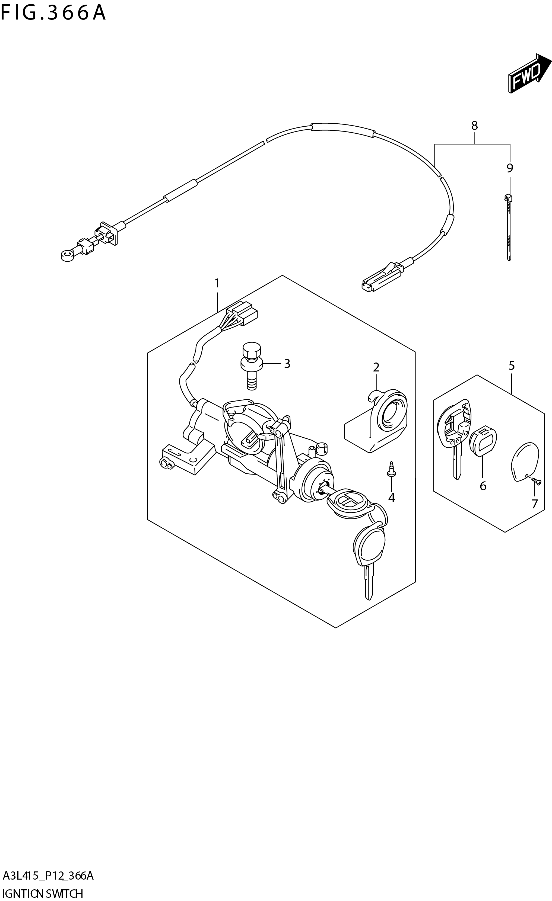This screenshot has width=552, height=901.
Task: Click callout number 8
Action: tap(474, 126)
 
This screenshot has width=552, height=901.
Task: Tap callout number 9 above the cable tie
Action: tap(510, 168)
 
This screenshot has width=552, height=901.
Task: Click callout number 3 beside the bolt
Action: tap(287, 364)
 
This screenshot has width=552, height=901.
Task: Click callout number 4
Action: tap(391, 498)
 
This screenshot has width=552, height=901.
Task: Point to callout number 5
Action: tap(511, 365)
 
